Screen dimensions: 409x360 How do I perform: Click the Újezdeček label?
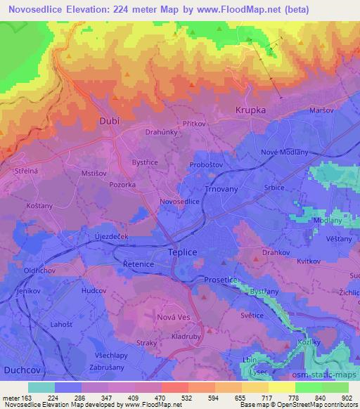point(111,238)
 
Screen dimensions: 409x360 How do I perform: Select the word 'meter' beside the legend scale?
point(12,398)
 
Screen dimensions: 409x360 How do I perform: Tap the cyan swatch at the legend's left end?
point(41,387)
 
